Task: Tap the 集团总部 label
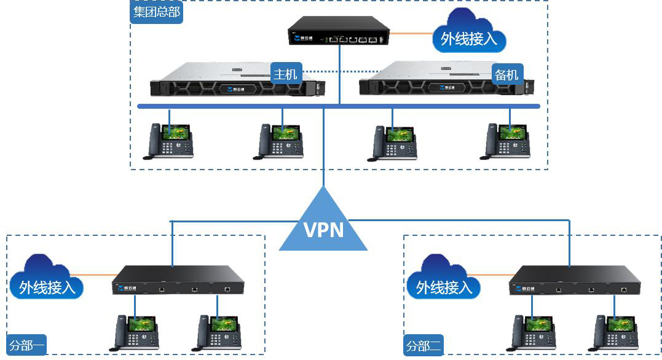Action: pos(157,12)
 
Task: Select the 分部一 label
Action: pos(27,346)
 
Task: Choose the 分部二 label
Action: pos(424,346)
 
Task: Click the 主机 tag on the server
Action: pos(285,74)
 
